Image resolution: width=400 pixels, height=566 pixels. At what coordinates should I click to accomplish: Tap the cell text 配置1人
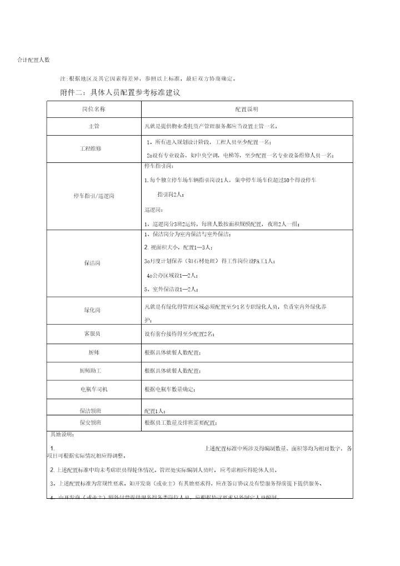pyautogui.click(x=154, y=411)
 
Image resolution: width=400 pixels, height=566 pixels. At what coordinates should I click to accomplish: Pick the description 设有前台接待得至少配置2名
pyautogui.click(x=179, y=334)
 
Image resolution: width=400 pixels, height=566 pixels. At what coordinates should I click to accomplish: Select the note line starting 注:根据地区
pyautogui.click(x=151, y=78)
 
